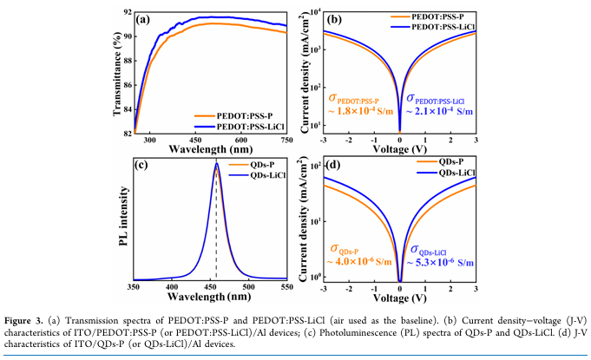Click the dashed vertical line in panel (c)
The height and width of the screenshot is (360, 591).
[x=216, y=226]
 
